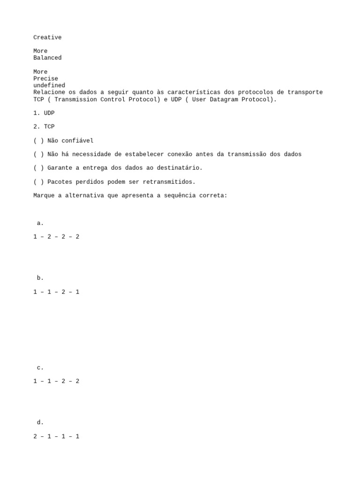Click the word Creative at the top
coord(47,37)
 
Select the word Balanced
coord(47,58)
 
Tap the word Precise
coord(45,79)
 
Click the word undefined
coord(49,85)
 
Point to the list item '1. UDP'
coord(44,113)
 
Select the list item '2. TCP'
coord(44,127)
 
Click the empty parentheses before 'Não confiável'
coord(38,141)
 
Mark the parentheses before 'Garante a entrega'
coord(38,168)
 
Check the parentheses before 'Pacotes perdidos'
coord(38,182)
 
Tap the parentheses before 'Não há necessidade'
coord(38,155)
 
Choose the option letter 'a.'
coord(40,224)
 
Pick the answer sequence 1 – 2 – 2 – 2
coord(56,237)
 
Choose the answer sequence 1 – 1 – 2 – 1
coord(56,292)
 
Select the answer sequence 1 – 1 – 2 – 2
coord(56,382)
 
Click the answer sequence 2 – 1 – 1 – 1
coord(56,437)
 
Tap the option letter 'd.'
coord(40,423)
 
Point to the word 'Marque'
coord(44,195)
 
